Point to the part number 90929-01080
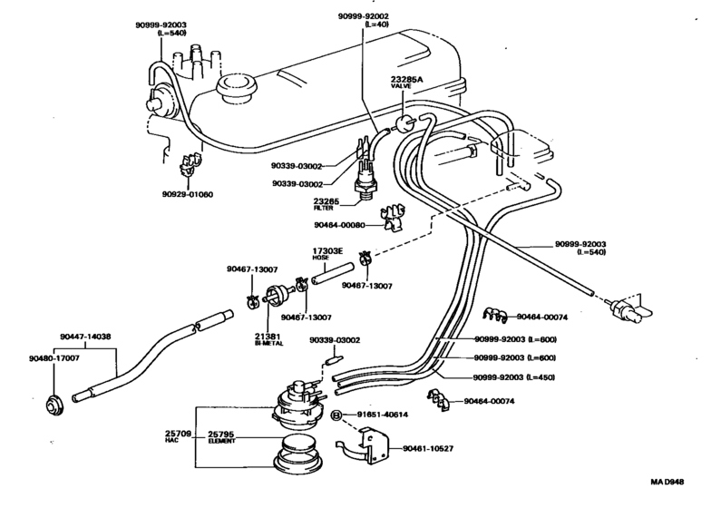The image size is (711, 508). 189,193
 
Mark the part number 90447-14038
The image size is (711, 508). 88,336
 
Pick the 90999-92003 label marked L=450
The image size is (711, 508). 515,377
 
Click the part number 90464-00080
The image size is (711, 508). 339,225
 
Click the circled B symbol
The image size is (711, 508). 336,415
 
